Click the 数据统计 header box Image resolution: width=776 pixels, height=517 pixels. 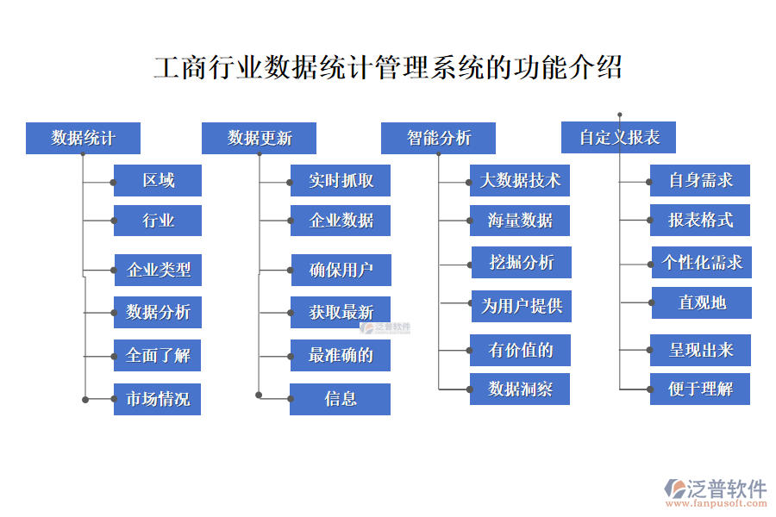[83, 138]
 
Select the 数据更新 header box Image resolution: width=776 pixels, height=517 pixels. [259, 138]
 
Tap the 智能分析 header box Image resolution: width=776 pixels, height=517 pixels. [438, 138]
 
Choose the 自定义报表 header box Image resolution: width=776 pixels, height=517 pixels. [618, 138]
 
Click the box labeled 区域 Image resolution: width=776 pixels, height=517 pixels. [158, 181]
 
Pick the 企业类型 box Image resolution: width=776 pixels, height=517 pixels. [158, 271]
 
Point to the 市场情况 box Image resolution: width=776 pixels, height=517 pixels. [158, 399]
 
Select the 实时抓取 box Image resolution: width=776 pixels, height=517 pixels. [341, 181]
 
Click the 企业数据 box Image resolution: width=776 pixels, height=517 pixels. [341, 221]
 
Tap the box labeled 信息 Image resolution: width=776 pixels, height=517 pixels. [341, 399]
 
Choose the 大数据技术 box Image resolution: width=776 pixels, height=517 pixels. [520, 181]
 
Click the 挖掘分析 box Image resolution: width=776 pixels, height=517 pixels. [521, 262]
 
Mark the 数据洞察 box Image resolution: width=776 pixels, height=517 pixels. [520, 389]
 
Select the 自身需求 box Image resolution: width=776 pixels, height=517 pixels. [700, 181]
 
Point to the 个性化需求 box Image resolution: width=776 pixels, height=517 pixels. [701, 262]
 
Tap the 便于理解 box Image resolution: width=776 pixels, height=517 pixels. [700, 389]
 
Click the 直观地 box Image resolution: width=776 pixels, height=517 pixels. [701, 303]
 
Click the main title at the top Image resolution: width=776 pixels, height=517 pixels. [388, 67]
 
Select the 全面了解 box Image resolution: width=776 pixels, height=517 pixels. [158, 355]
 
